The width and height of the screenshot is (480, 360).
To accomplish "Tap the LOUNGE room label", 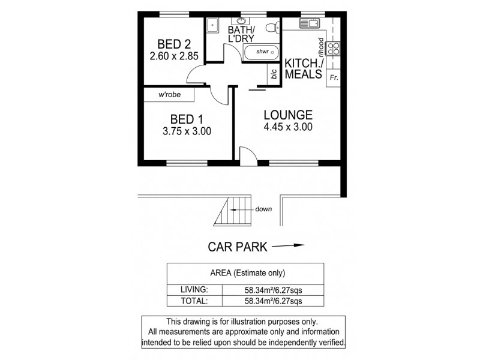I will click(288, 115).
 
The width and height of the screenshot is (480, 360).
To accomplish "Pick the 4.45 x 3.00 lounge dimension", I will click(288, 127).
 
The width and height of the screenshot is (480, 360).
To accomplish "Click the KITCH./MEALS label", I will click(303, 68).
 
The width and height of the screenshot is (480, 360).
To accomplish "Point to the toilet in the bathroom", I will click(272, 26).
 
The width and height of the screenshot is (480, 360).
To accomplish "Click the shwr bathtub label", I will click(262, 52).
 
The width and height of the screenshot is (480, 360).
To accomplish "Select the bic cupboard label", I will click(274, 74).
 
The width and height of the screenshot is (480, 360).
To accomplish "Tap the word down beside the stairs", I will click(263, 209).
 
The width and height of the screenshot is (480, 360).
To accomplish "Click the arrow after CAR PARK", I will click(288, 245).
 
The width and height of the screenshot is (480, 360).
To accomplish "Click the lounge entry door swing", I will click(248, 155).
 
